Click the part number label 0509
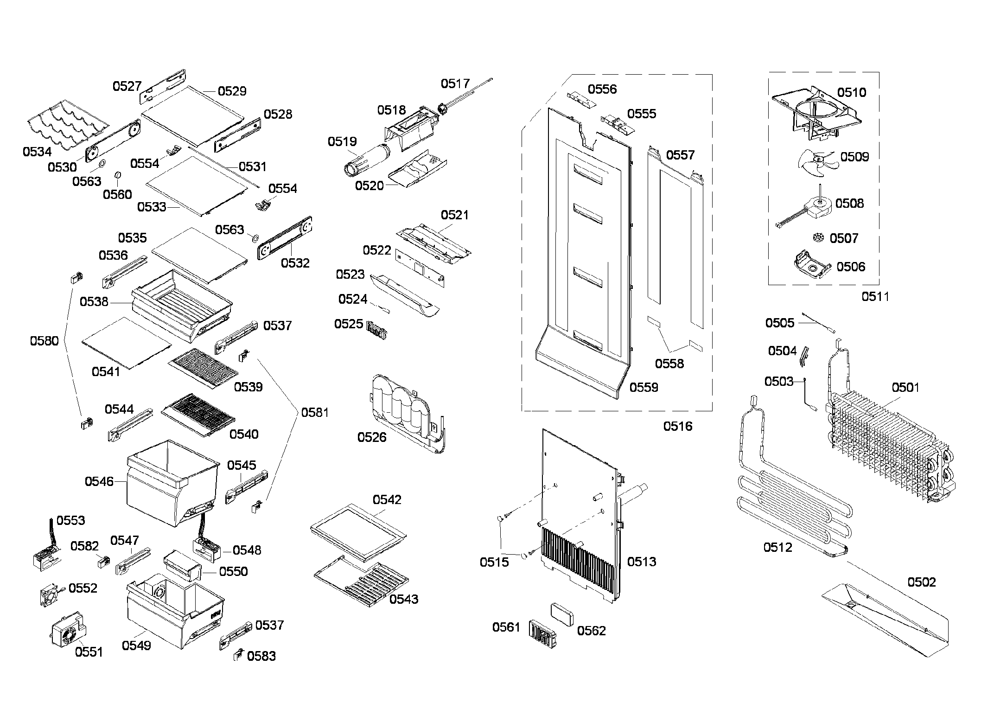coord(854,157)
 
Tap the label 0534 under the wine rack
coord(37,152)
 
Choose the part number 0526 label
coord(371,437)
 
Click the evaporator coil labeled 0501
coord(886,445)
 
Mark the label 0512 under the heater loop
coord(777,547)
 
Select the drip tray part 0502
coord(886,621)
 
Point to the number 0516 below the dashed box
coord(677,426)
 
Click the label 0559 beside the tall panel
coord(644,387)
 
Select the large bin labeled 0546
coord(172,482)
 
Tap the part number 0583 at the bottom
coord(261,656)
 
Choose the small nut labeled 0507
coord(818,238)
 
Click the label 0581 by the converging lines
coord(315,412)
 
